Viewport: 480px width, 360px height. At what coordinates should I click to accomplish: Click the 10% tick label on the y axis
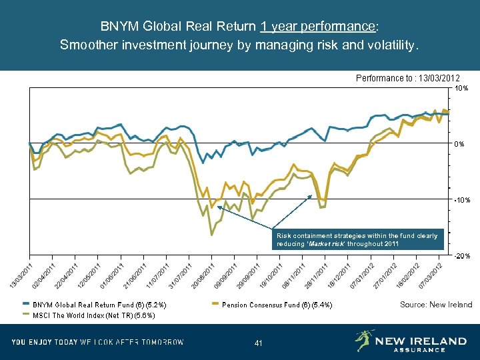click(461, 88)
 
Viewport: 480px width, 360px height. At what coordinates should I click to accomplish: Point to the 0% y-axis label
click(460, 144)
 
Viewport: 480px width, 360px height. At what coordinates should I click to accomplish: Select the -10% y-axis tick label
click(461, 200)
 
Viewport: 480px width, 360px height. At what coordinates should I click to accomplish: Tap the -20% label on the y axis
click(461, 256)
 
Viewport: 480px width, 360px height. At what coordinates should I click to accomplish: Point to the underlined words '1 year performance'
click(318, 27)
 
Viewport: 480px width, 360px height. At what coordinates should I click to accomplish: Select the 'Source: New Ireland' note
click(435, 305)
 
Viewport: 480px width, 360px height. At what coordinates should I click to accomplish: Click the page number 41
click(259, 343)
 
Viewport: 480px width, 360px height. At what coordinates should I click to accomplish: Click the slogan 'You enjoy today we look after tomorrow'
click(97, 342)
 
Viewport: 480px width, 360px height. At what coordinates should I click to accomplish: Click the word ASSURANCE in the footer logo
click(419, 349)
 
